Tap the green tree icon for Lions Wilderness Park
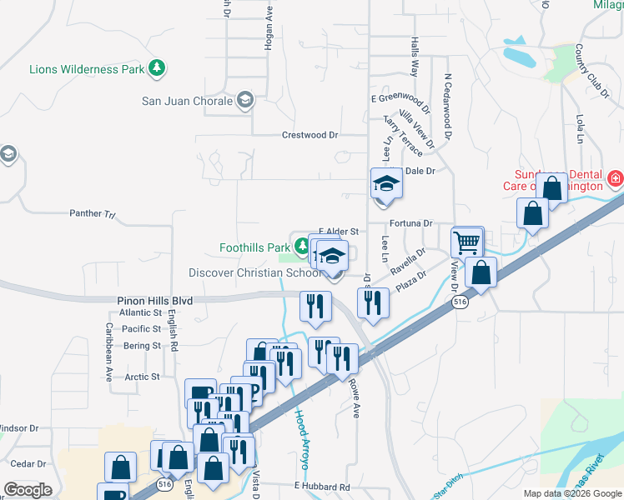[x=156, y=69]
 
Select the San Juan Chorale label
[x=188, y=102]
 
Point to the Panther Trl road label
[x=98, y=214]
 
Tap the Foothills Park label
[x=254, y=247]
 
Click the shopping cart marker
[x=467, y=242]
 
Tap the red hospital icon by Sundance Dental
[x=615, y=177]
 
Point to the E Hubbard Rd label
[x=320, y=486]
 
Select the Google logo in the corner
[x=28, y=490]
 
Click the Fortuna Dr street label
[x=411, y=223]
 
